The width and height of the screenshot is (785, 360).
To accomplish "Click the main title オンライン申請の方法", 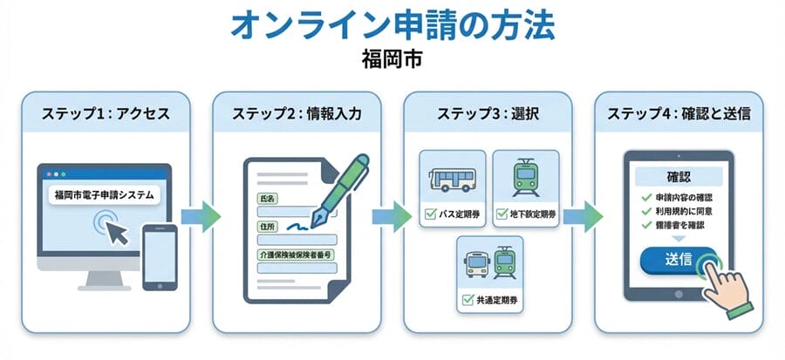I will pos(392,26).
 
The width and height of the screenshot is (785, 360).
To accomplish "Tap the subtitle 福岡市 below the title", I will pos(392,63).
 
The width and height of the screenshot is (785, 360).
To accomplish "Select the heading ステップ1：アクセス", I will pos(106,113).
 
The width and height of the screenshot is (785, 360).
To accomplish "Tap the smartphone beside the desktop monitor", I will pos(160,258).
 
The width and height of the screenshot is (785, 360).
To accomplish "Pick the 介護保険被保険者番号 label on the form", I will pos(297,255).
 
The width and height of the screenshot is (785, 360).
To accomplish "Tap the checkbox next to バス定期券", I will pos(429,213).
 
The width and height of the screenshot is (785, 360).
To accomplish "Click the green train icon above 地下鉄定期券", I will pos(523,177).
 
